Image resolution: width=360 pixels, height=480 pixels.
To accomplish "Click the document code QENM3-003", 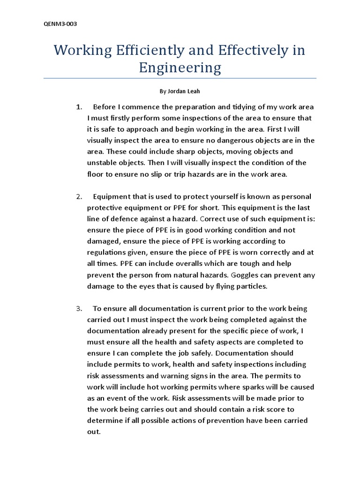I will click(57, 24).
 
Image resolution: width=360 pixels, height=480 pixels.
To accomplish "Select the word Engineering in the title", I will click(180, 68).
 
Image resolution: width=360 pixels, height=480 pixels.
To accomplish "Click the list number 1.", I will click(79, 106).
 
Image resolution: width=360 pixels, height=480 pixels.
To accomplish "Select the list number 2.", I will click(79, 196).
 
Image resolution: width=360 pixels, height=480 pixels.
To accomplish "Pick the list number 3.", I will click(79, 308).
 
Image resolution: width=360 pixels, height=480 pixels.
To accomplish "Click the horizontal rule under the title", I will click(180, 78).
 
